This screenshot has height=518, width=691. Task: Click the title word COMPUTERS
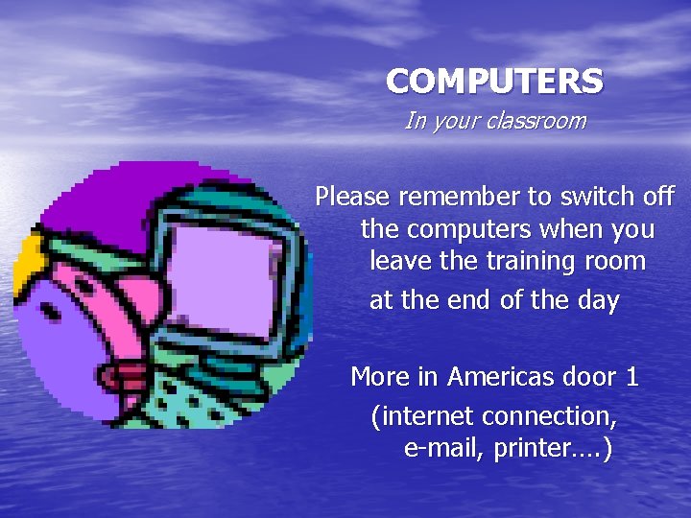[x=494, y=82]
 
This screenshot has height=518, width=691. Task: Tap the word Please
[x=353, y=198]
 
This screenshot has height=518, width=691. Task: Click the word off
[x=658, y=198]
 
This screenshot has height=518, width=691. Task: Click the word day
[x=598, y=300]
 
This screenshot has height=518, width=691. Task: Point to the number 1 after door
[x=631, y=377]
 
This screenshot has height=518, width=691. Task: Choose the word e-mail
[x=444, y=450]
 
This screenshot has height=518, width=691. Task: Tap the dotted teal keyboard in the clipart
[x=192, y=403]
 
